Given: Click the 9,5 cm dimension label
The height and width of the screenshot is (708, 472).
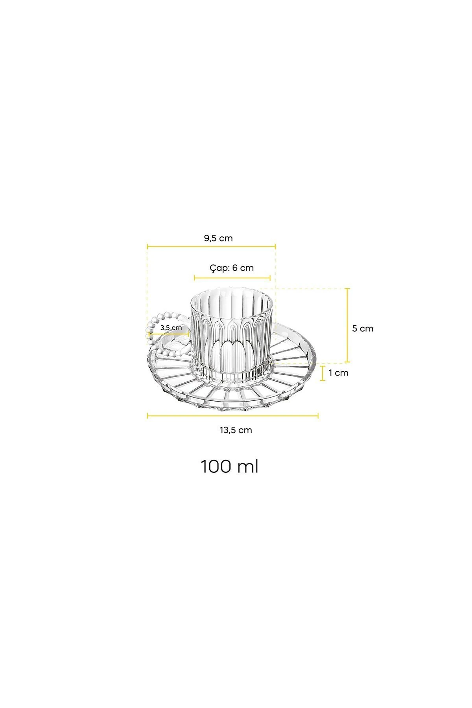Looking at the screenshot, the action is point(218,238).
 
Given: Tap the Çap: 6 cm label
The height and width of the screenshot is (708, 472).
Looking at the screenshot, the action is point(232,268).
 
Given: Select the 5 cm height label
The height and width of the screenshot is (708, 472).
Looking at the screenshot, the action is point(363,328).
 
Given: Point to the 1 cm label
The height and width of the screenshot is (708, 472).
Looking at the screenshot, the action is point(339,372).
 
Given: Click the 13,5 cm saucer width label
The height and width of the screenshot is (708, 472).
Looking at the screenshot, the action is point(236,430).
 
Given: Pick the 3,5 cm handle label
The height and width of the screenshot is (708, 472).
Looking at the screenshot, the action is point(171,327).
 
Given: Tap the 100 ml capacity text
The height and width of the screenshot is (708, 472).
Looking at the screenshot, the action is point(230,466).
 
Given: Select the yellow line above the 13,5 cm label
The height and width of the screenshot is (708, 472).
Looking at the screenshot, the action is point(233,415).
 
